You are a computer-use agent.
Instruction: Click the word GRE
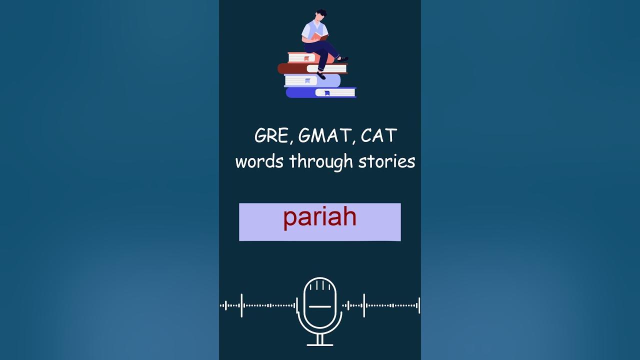click(x=270, y=136)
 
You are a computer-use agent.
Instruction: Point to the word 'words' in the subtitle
click(x=259, y=161)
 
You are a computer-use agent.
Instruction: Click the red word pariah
click(x=319, y=218)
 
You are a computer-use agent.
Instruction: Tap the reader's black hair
click(x=321, y=13)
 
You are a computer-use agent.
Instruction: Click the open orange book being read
click(x=320, y=36)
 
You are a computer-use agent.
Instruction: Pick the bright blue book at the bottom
click(x=300, y=92)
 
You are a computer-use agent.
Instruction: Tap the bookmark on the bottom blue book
click(x=326, y=93)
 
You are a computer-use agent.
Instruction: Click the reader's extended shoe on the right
click(x=342, y=59)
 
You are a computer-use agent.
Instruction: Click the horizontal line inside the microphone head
click(x=320, y=306)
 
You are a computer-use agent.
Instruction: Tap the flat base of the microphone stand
click(x=320, y=344)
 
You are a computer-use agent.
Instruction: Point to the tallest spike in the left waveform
click(x=241, y=305)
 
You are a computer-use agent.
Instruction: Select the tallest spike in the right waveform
click(x=363, y=305)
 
